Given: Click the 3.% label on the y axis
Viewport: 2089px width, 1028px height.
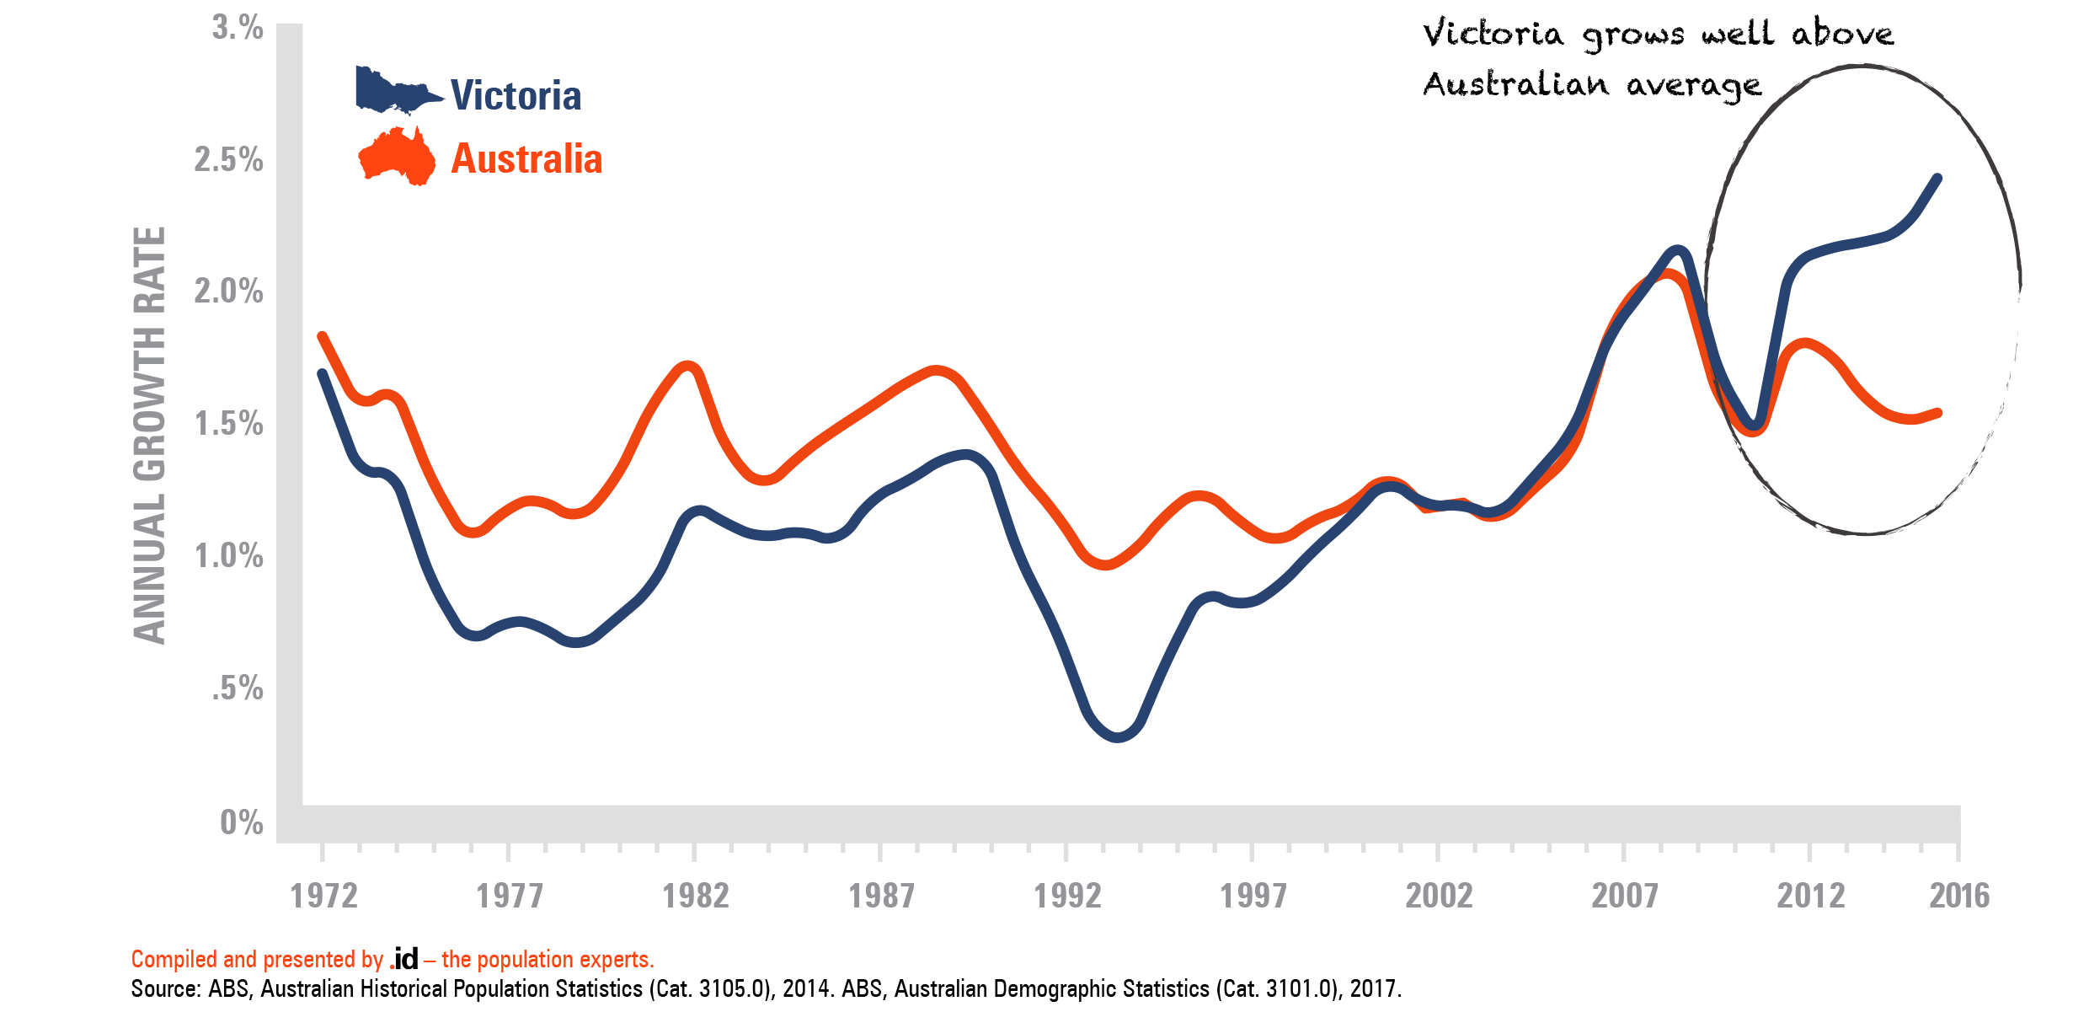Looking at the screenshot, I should tap(238, 28).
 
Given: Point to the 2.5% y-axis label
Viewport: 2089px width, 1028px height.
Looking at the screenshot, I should tap(228, 159).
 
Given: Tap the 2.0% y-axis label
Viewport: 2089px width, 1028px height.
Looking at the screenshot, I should tap(228, 292).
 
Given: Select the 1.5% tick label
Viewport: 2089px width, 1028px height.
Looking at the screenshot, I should tap(228, 424).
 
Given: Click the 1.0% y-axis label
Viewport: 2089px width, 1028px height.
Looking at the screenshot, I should tap(228, 556).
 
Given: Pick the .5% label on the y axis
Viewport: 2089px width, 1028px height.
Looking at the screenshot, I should tap(237, 688).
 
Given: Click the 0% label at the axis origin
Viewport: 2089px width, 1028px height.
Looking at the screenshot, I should tap(241, 822).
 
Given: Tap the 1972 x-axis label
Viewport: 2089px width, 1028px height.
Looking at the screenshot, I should tap(323, 896).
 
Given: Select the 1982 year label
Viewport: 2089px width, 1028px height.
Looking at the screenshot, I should tap(696, 896).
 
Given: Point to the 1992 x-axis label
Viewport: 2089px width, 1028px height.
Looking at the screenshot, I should tap(1067, 896).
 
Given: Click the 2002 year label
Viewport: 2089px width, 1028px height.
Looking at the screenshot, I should tap(1439, 896).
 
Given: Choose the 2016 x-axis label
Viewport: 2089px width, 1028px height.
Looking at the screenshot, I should tap(1959, 896).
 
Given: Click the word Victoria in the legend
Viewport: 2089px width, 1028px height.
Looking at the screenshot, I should tap(516, 95).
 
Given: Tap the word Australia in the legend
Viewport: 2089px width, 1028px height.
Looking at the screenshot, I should tap(526, 159).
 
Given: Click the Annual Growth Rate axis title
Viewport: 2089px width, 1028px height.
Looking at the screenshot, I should tap(150, 436).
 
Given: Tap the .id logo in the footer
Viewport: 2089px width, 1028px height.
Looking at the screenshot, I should tap(403, 959).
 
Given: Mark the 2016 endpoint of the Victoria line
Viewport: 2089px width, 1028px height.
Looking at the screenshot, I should tap(1938, 179).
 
